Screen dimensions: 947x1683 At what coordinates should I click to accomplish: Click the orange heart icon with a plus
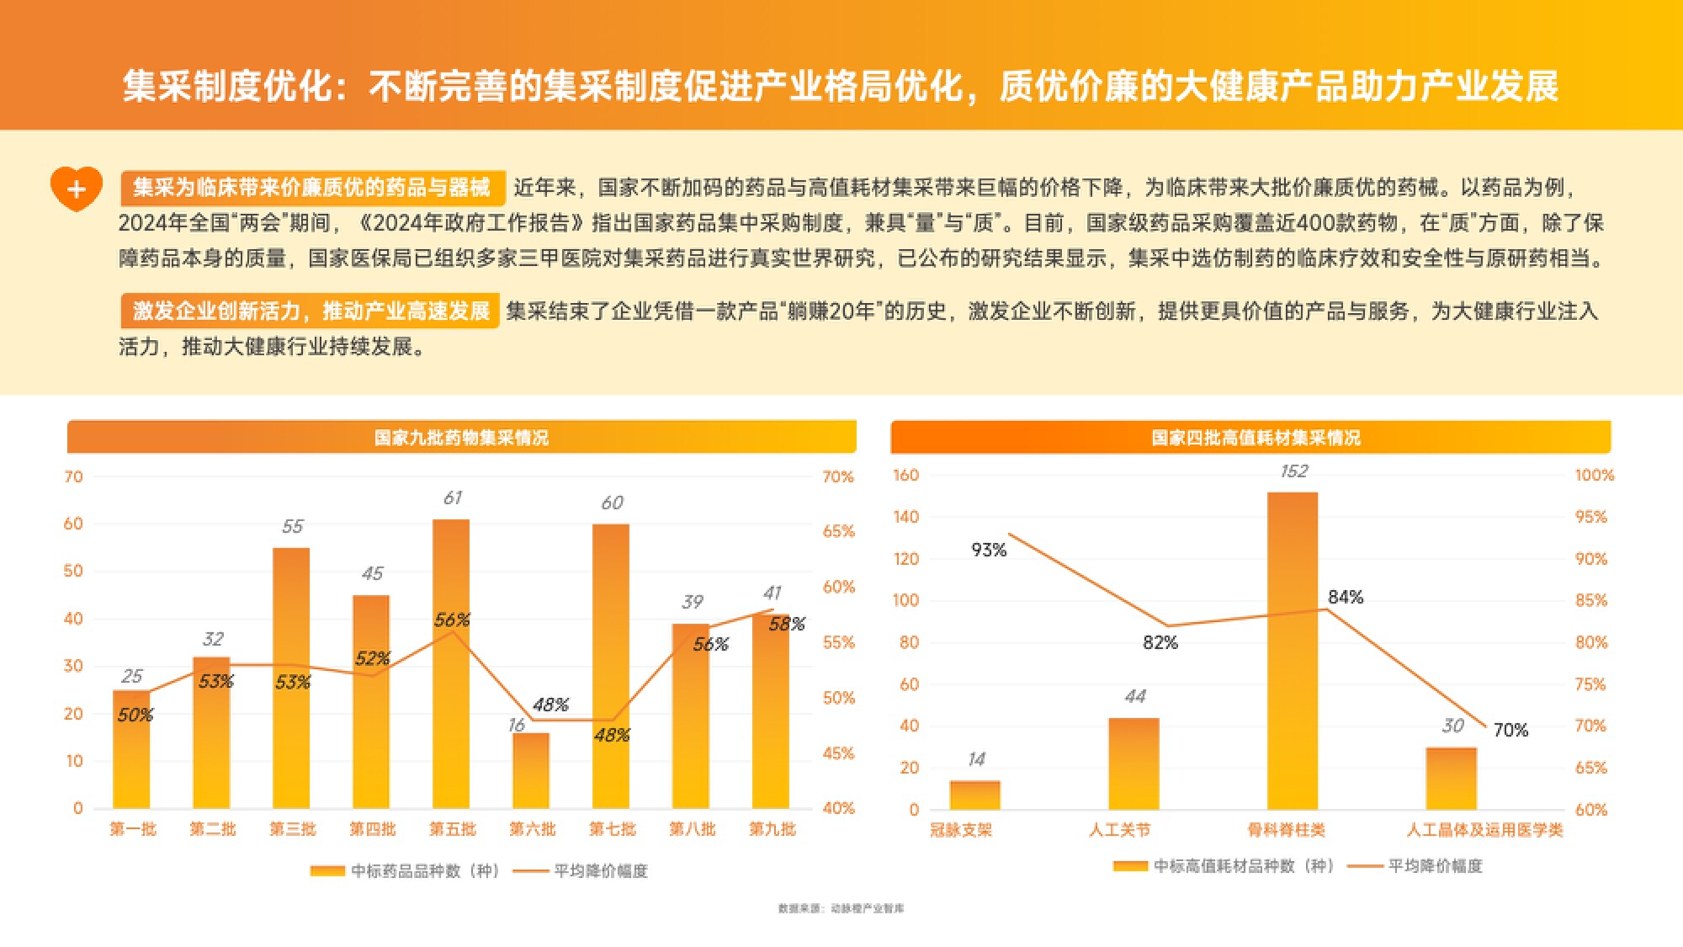[x=76, y=189]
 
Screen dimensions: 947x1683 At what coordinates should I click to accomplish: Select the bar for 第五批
[x=451, y=665]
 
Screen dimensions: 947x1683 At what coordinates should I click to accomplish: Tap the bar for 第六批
[x=531, y=770]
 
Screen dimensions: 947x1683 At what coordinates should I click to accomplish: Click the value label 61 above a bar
[x=453, y=498]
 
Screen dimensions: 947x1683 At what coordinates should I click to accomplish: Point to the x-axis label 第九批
[x=772, y=829]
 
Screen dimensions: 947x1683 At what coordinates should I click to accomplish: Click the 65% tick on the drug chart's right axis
[x=838, y=531]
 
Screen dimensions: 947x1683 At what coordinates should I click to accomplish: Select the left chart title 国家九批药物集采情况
[x=461, y=438]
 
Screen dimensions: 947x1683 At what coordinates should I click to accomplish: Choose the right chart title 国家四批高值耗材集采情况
[x=1256, y=438]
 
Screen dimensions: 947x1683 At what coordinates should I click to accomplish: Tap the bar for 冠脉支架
[x=974, y=795]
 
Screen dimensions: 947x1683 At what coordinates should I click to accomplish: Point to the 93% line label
[x=989, y=551]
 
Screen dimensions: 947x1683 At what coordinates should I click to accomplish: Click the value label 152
[x=1293, y=471]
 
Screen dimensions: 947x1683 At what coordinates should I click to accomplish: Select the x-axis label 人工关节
[x=1119, y=830]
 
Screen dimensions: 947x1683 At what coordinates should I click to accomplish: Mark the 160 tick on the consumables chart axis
[x=905, y=476]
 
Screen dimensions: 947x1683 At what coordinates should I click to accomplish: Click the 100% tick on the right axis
[x=1594, y=476]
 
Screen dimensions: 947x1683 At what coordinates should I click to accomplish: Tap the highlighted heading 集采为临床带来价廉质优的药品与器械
[x=311, y=187]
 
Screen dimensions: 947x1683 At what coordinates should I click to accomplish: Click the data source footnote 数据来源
[x=841, y=908]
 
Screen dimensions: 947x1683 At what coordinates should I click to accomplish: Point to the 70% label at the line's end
[x=1510, y=731]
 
